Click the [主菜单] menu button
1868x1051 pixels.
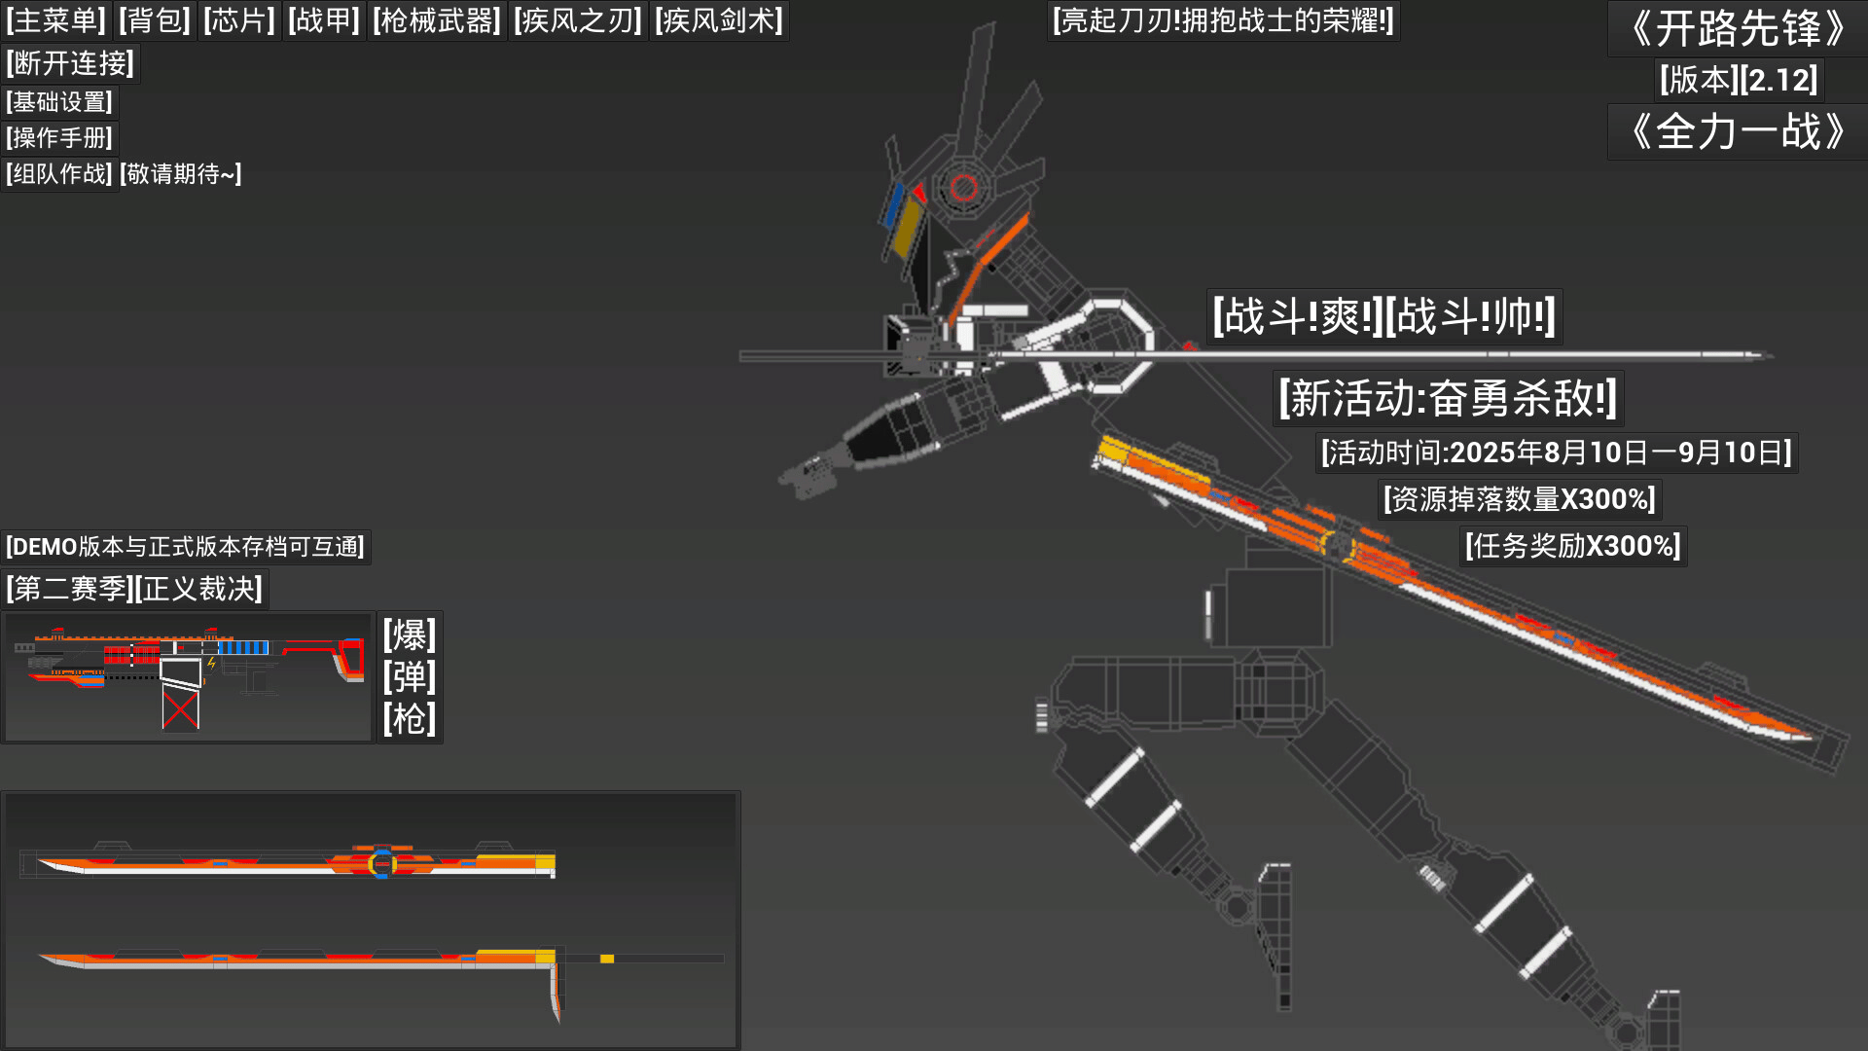click(x=55, y=20)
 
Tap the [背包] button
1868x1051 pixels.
click(x=155, y=20)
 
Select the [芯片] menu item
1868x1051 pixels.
click(x=239, y=20)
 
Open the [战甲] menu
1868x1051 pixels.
click(x=324, y=20)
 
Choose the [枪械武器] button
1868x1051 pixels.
click(x=437, y=20)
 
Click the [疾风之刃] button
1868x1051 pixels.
click(x=578, y=20)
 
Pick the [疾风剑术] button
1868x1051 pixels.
click(x=719, y=20)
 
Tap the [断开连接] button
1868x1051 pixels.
click(x=70, y=63)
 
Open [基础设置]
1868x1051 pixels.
click(x=59, y=102)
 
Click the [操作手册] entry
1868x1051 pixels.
click(x=59, y=138)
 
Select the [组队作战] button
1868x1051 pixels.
click(x=59, y=174)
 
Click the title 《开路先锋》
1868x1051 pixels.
click(x=1738, y=28)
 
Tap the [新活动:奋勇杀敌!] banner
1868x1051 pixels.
click(x=1448, y=398)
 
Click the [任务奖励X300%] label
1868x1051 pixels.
click(x=1573, y=546)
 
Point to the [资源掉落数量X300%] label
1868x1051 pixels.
click(x=1520, y=499)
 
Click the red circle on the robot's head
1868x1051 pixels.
click(x=964, y=187)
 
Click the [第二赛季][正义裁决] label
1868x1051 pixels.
click(x=134, y=589)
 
